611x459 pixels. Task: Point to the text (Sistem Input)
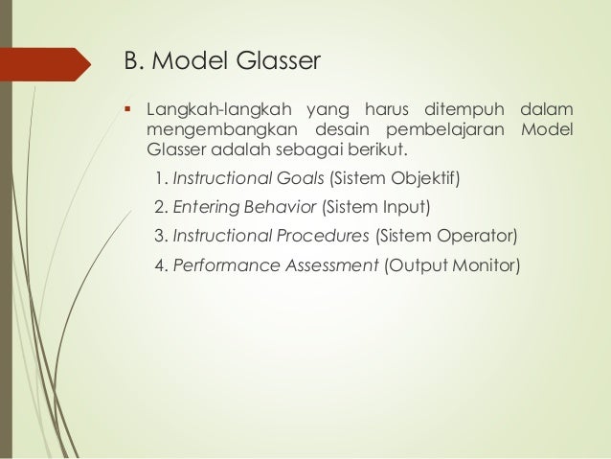tap(376, 206)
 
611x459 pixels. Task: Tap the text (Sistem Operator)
tap(446, 236)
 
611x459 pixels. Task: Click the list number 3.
tap(159, 236)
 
